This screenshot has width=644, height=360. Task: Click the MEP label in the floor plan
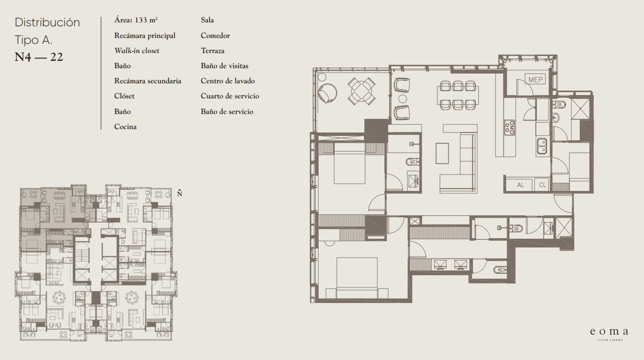click(536, 79)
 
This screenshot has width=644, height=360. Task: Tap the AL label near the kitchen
click(521, 185)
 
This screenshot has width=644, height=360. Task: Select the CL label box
click(542, 185)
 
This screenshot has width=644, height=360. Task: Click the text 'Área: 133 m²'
click(136, 20)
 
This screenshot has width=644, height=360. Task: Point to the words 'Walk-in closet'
click(136, 51)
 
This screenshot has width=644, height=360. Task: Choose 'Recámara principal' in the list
click(144, 35)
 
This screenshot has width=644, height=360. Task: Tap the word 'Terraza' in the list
click(213, 51)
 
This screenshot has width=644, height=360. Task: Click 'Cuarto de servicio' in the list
click(230, 96)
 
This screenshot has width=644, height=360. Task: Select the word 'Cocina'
click(126, 127)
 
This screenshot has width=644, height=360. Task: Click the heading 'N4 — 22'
click(39, 57)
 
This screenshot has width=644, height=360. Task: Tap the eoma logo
click(609, 334)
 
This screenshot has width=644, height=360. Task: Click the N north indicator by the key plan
click(179, 193)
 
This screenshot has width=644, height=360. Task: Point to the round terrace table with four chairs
click(361, 91)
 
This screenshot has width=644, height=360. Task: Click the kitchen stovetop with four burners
click(510, 127)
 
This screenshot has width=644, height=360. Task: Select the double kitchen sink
click(542, 146)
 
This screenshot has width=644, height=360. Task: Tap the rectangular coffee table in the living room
click(442, 153)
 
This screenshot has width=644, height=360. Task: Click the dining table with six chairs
click(458, 95)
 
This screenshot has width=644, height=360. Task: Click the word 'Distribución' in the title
click(47, 23)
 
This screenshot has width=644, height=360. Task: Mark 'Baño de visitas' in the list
click(224, 66)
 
